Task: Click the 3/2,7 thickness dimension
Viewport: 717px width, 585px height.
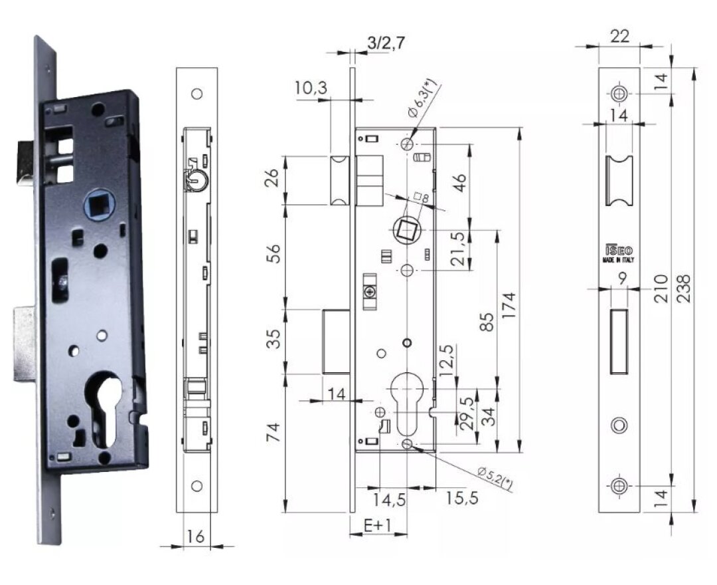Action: (x=386, y=43)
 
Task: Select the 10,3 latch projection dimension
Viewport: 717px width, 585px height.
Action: (x=310, y=88)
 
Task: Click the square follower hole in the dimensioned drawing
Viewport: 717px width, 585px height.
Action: (x=405, y=231)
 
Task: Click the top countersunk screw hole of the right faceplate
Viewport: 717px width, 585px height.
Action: (x=619, y=94)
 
